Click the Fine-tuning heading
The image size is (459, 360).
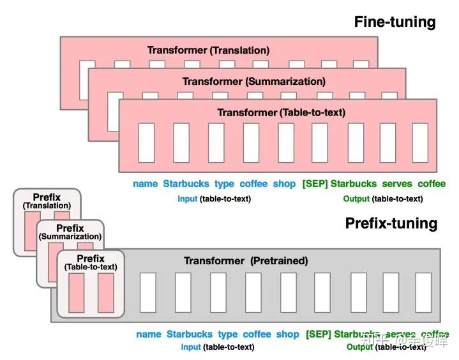click(x=395, y=22)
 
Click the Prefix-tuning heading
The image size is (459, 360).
click(x=391, y=223)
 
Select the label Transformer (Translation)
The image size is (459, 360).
click(x=208, y=50)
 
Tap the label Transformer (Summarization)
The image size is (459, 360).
click(x=253, y=81)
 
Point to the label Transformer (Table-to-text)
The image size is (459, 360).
click(x=281, y=112)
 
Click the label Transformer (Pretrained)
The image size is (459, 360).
click(x=246, y=260)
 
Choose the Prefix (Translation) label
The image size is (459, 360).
click(x=47, y=202)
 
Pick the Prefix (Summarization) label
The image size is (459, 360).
click(x=70, y=232)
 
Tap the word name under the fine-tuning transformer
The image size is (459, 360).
click(x=146, y=184)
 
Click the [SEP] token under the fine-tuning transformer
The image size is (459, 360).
click(x=315, y=184)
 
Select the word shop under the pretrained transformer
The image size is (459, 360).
click(x=287, y=334)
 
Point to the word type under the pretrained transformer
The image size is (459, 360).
click(x=227, y=334)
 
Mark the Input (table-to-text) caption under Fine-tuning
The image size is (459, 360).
click(x=214, y=199)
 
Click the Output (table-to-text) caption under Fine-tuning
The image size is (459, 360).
click(x=382, y=199)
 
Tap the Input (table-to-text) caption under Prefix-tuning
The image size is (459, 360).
click(x=217, y=347)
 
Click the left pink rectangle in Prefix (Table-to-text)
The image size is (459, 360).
click(x=77, y=292)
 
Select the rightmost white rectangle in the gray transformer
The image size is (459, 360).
click(x=423, y=292)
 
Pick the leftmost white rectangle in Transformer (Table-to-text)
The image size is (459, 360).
click(x=147, y=142)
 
